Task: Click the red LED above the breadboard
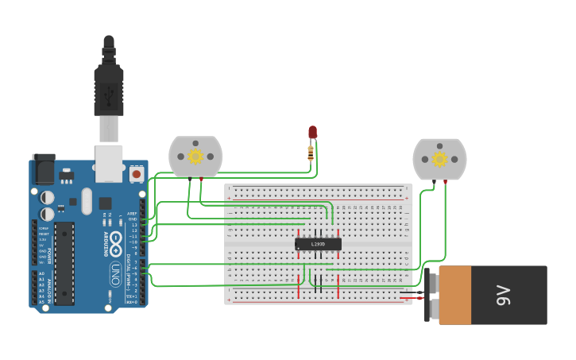[312, 132]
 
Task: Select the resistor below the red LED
[311, 152]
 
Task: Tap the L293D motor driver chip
[318, 244]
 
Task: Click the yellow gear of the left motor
[195, 157]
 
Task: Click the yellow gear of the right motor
[439, 159]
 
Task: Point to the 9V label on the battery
[502, 295]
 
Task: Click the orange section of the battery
[455, 295]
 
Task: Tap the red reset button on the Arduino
[137, 172]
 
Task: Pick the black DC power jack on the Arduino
[44, 168]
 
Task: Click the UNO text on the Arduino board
[114, 273]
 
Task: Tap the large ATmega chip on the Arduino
[64, 263]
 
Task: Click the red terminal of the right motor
[445, 182]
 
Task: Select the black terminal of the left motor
[189, 180]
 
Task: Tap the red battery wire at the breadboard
[407, 298]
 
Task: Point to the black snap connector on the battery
[431, 295]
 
